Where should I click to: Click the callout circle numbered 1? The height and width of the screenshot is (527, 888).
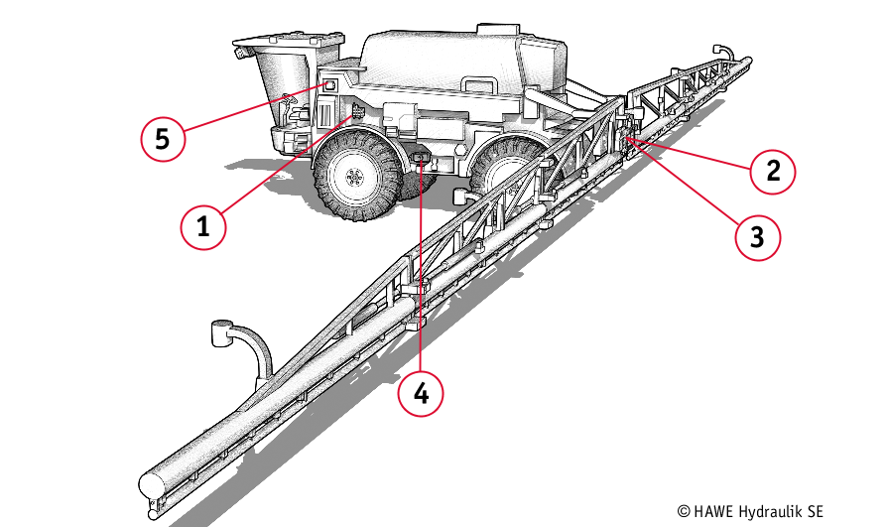coord(203,225)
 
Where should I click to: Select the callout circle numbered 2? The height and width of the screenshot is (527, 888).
coord(773,170)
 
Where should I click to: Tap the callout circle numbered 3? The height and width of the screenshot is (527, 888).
coord(757,236)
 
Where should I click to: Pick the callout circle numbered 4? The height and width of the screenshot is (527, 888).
coord(421,393)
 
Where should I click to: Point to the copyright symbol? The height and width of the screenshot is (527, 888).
coord(684,510)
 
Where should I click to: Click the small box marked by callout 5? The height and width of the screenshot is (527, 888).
coord(326,87)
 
